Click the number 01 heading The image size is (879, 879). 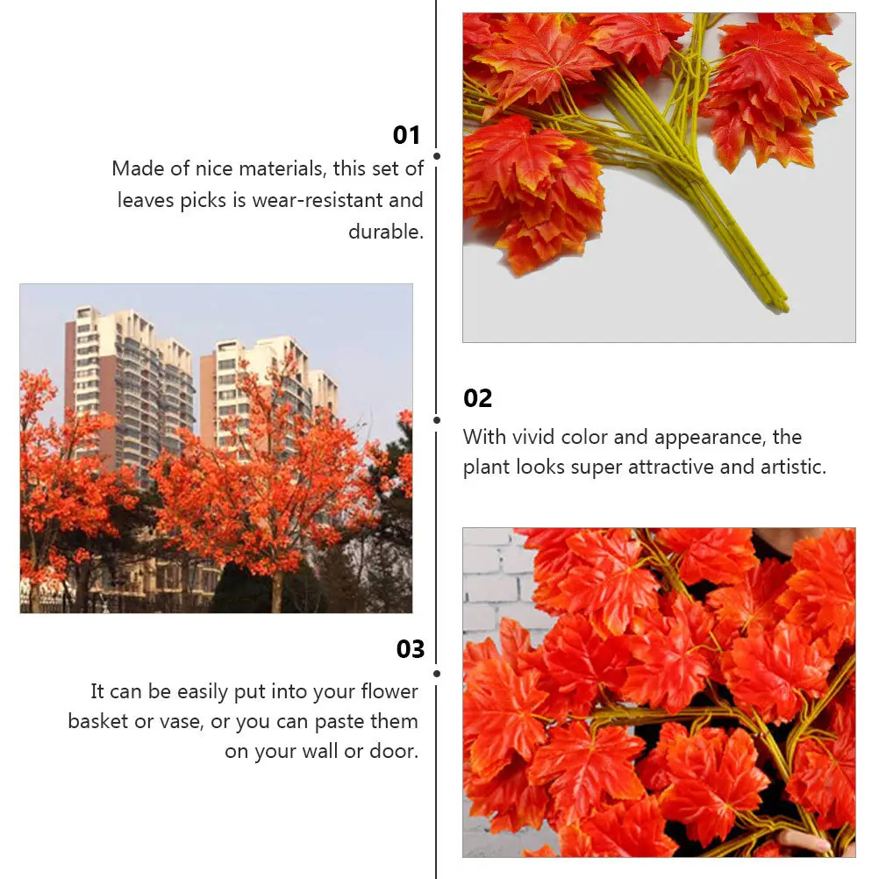(407, 135)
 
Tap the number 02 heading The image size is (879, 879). (478, 398)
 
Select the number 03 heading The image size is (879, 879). (411, 649)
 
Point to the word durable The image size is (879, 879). (385, 232)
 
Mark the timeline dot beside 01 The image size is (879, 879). (437, 156)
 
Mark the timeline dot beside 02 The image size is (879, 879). (437, 419)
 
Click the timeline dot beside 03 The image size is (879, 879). (437, 674)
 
